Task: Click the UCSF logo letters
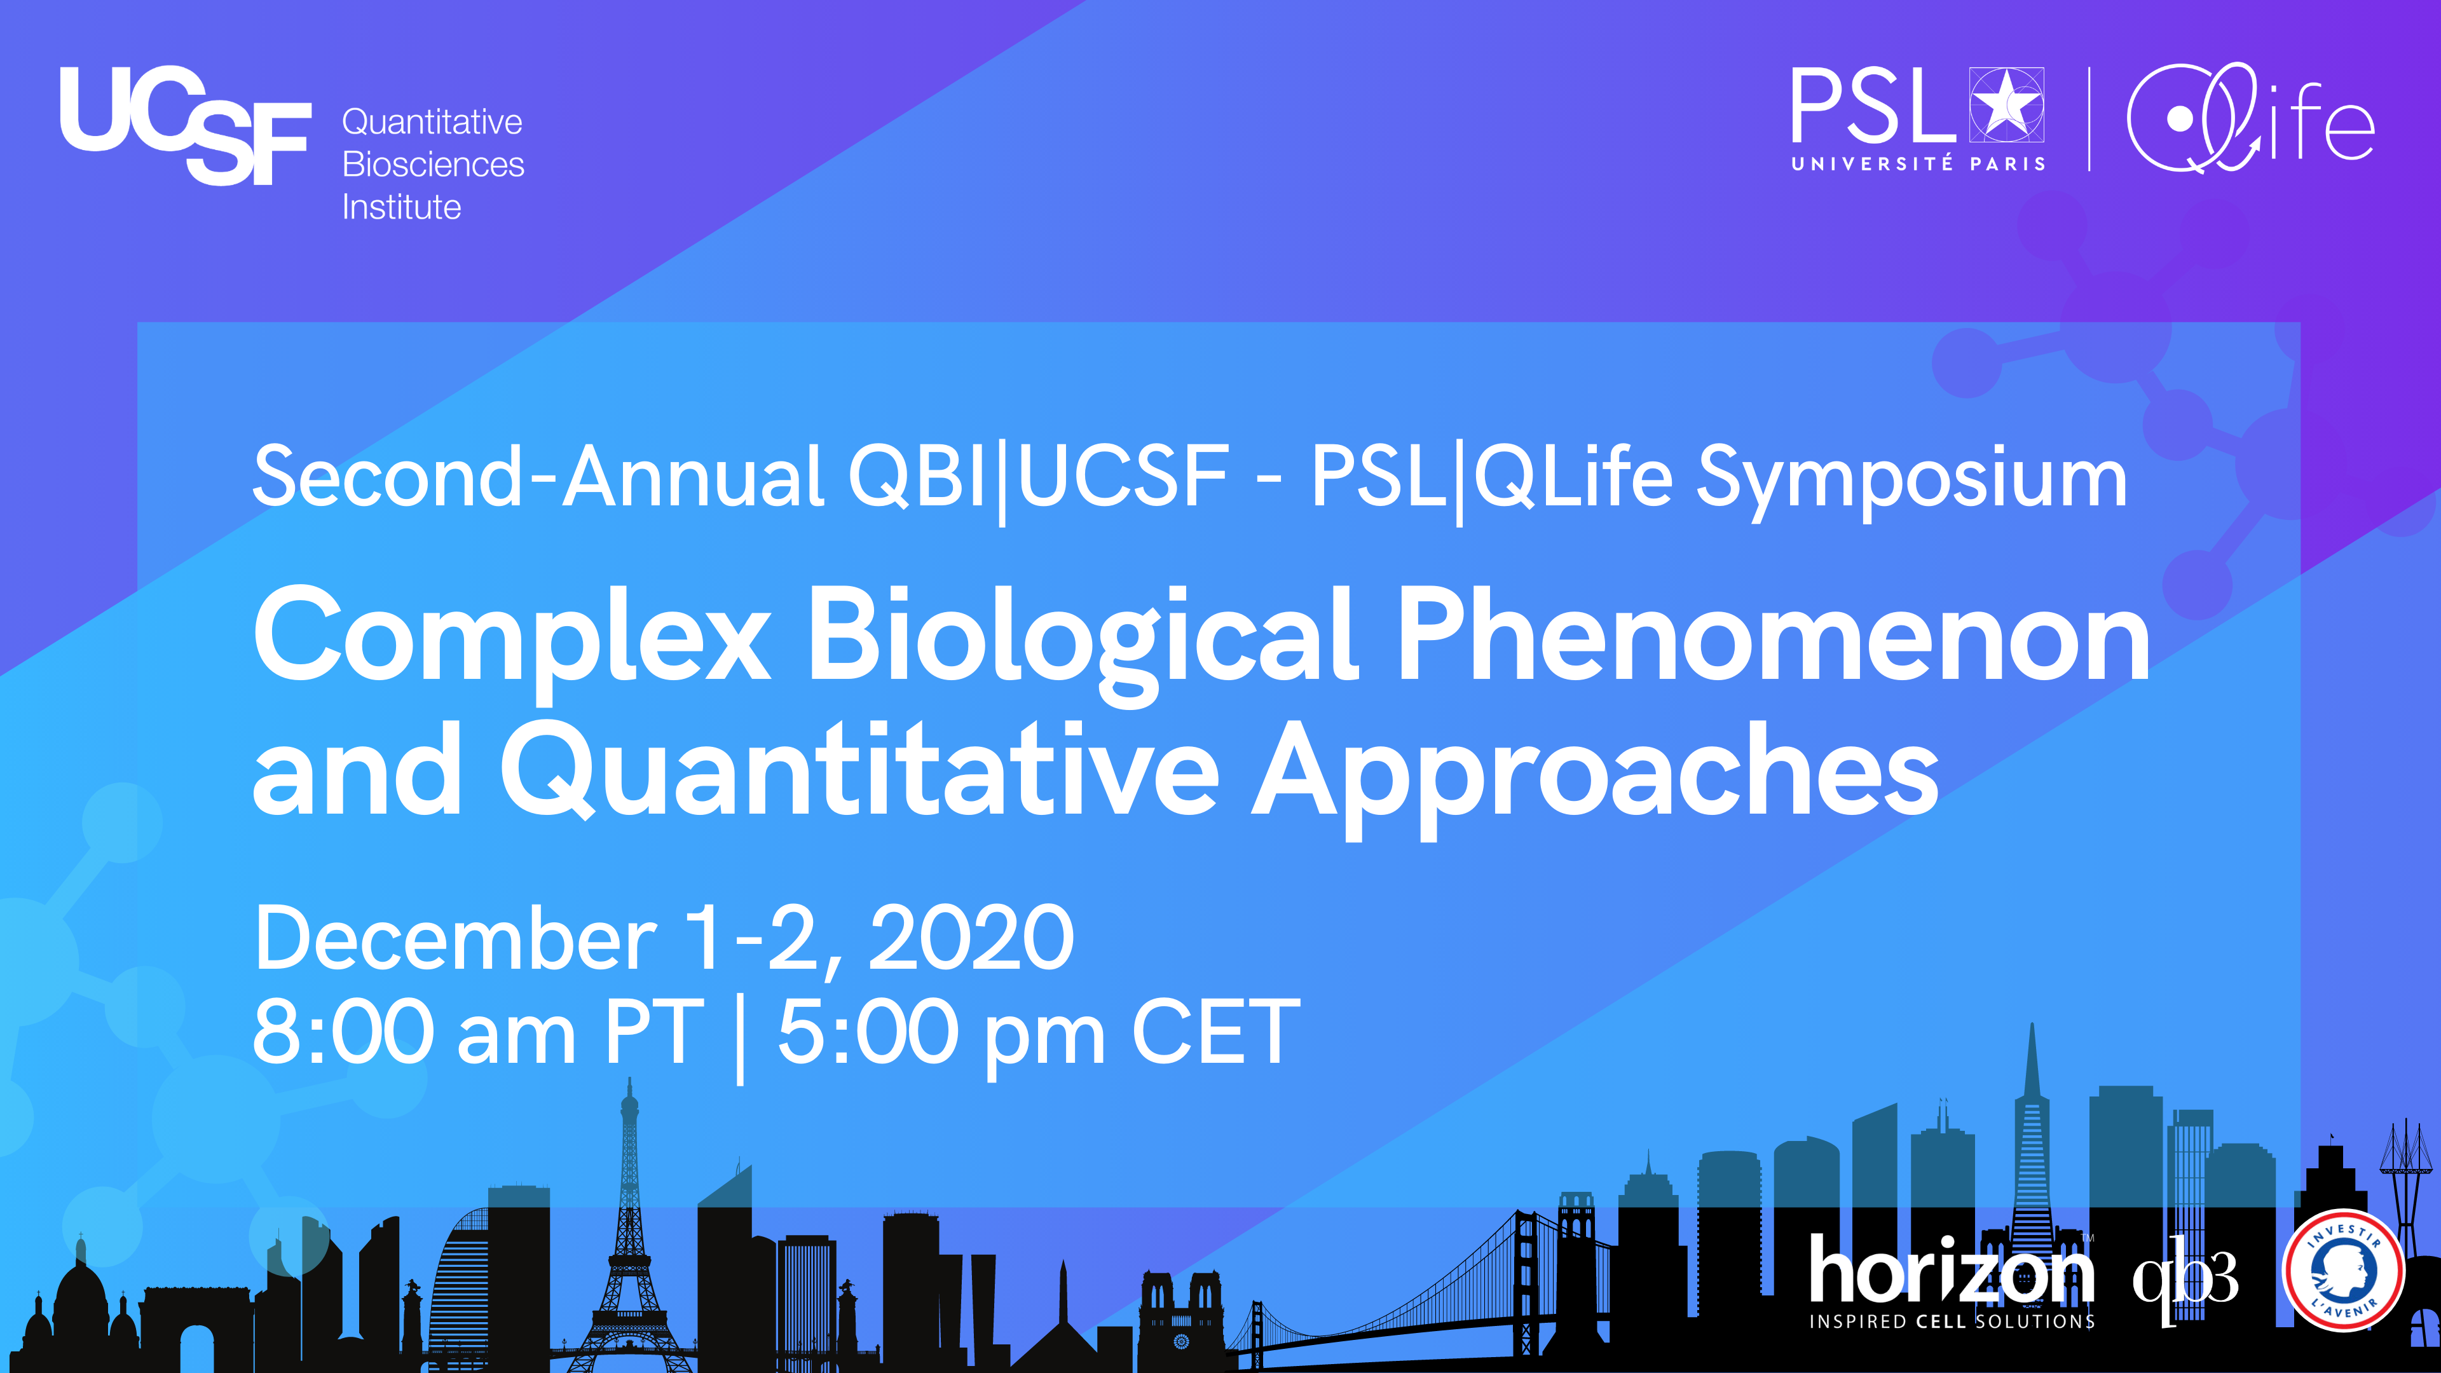tap(185, 125)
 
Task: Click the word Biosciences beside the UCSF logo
tap(433, 165)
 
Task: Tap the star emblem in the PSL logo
tap(2006, 104)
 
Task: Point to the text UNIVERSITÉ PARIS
tap(1918, 164)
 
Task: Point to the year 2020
tap(972, 938)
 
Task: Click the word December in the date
tap(456, 938)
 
